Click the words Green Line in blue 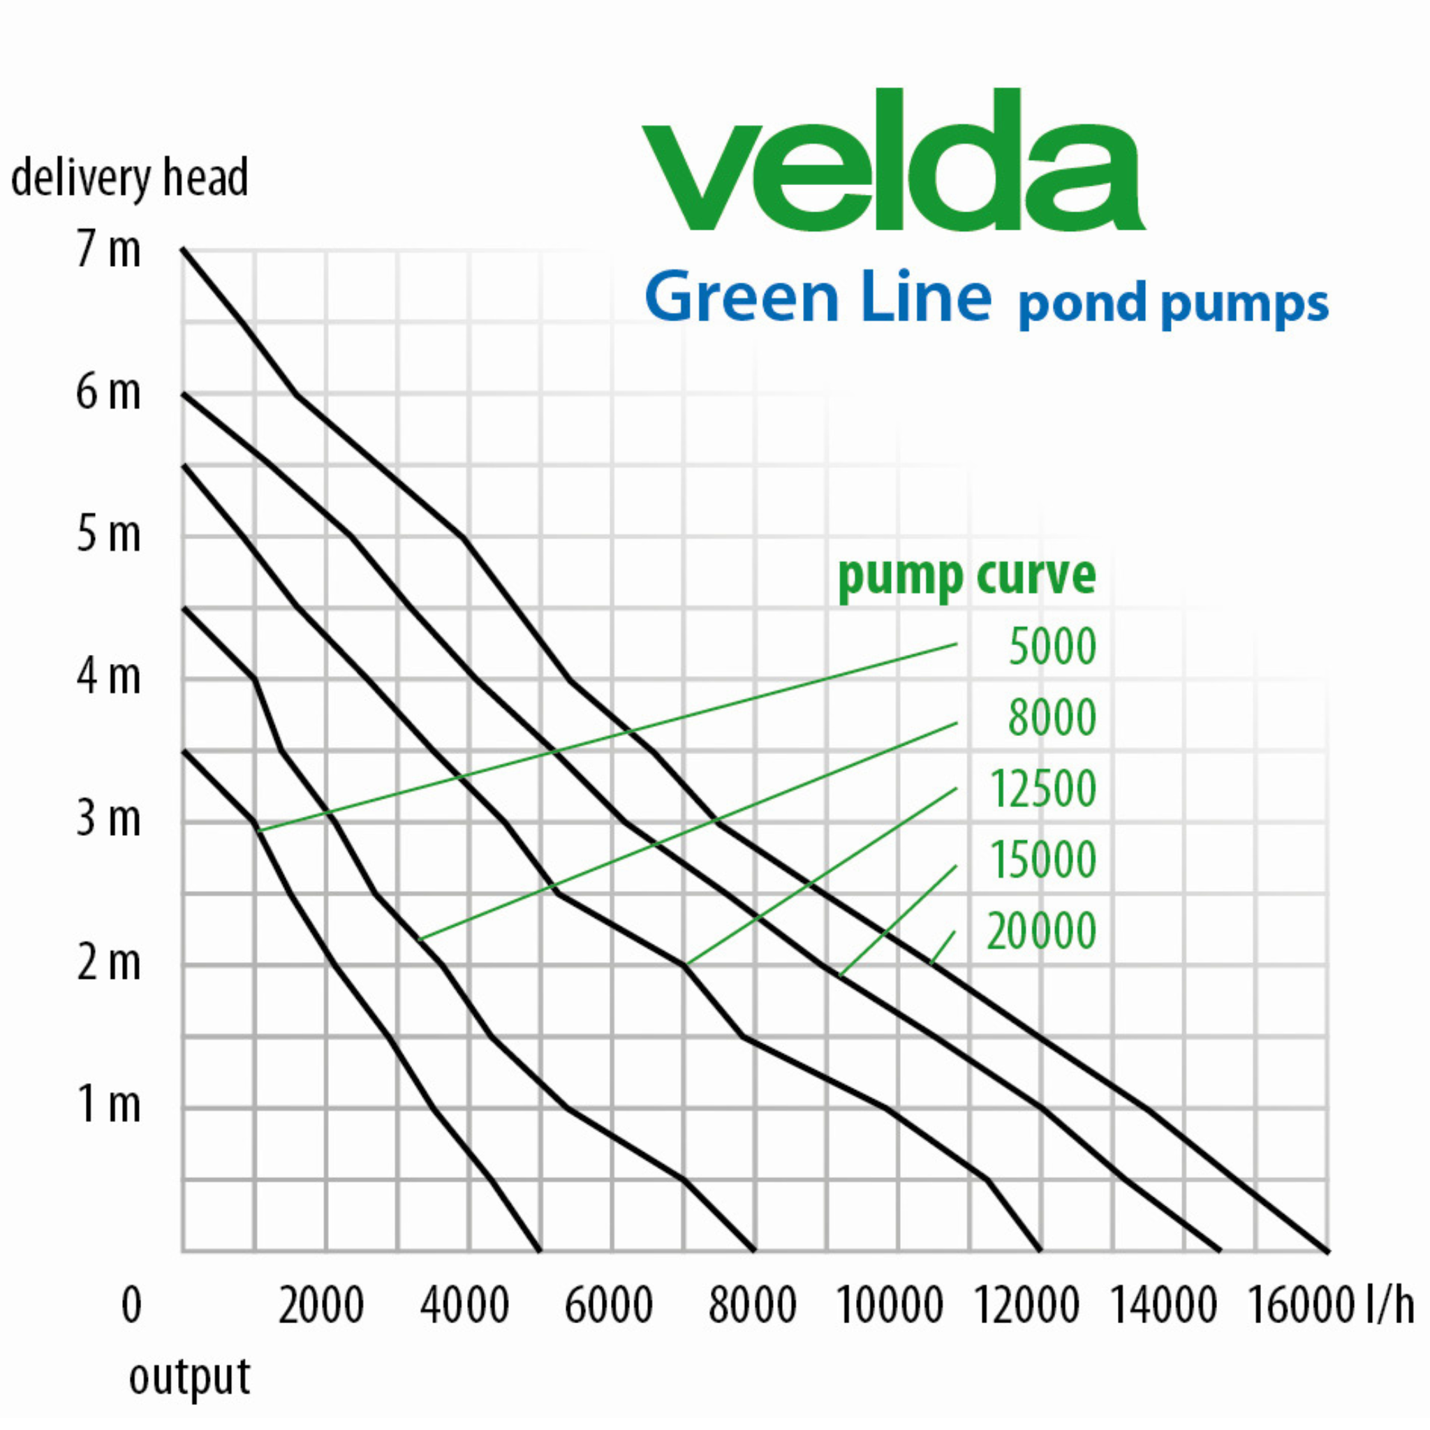pos(818,297)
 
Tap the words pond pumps pos(1172,304)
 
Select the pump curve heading pos(966,576)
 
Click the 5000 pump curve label pos(1052,647)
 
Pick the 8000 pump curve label pos(1052,718)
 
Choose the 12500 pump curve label pos(1042,789)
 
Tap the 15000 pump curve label pos(1042,860)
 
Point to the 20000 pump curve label pos(1040,931)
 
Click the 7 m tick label pos(108,249)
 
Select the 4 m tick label pos(108,677)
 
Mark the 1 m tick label pos(108,1105)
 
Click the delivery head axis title pos(130,178)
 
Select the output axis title pos(189,1378)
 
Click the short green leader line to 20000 pos(942,948)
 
